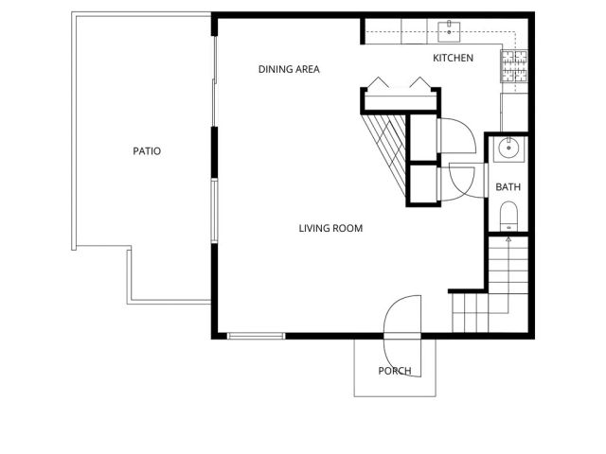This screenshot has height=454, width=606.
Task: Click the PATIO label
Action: [x=146, y=150]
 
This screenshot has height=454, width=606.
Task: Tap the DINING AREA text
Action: [x=289, y=69]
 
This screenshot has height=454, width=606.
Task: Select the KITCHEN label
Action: [x=453, y=59]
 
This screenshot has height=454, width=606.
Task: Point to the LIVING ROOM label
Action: [x=330, y=228]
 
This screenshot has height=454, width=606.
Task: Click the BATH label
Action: [x=508, y=187]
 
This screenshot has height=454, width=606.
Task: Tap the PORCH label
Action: [x=395, y=371]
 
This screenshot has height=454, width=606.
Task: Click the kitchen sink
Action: [x=448, y=30]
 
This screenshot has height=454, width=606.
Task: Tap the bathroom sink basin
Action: [x=509, y=148]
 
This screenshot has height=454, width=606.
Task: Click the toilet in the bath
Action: [x=509, y=215]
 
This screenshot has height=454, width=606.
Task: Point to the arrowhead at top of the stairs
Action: [x=509, y=239]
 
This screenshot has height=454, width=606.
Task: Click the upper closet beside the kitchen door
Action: [x=422, y=138]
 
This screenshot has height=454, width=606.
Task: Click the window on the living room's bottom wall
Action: [x=256, y=335]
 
